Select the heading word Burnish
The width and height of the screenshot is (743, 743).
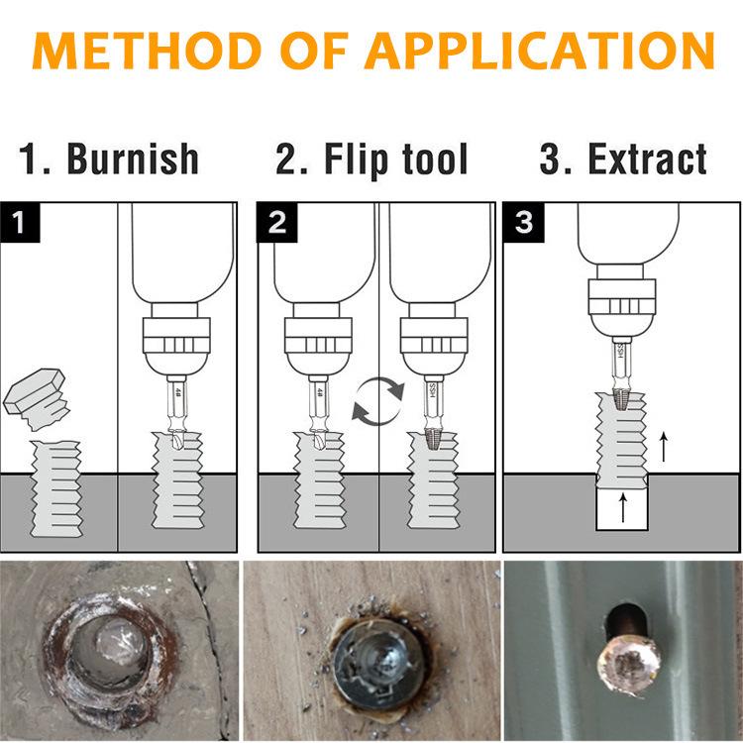point(133,159)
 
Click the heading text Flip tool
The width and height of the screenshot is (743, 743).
point(371,159)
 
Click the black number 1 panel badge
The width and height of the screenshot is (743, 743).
point(22,222)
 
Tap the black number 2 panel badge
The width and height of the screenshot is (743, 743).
point(277,222)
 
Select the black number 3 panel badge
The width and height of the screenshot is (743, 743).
point(523,222)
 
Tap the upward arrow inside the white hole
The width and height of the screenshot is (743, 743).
point(622,507)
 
